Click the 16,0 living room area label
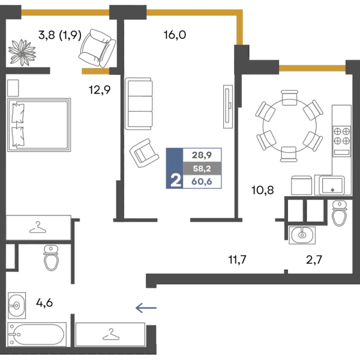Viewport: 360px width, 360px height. tap(175, 35)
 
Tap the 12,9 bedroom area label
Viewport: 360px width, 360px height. tap(100, 90)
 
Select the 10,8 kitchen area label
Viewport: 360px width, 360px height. tap(263, 190)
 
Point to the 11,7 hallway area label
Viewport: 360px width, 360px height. tap(237, 260)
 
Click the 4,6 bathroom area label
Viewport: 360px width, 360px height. tap(44, 303)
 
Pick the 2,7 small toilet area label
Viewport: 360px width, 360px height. tap(314, 260)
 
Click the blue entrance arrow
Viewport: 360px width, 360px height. tap(146, 308)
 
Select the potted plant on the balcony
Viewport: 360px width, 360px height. tap(22, 52)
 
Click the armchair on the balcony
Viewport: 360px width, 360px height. tap(97, 49)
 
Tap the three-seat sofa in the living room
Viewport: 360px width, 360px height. tap(139, 104)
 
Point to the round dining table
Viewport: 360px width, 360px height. tap(290, 126)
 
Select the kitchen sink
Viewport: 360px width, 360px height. tap(332, 185)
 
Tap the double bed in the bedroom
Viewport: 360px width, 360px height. tap(39, 125)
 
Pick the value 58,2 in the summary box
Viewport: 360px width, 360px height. tap(202, 169)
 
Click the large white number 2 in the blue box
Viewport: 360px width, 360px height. tap(176, 181)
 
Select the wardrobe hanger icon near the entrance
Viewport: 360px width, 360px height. tap(111, 334)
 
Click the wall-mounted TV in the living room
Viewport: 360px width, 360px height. tap(228, 107)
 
